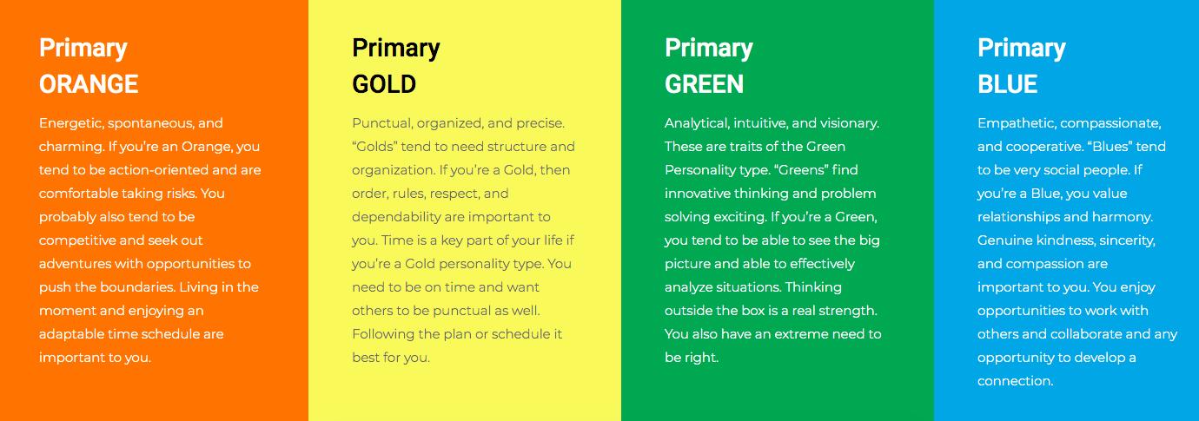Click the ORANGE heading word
point(89,84)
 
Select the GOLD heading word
point(384,84)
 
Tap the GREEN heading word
point(704,84)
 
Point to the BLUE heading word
point(1007,84)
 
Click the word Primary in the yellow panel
point(396,48)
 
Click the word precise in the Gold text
point(540,123)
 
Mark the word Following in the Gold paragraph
point(382,334)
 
